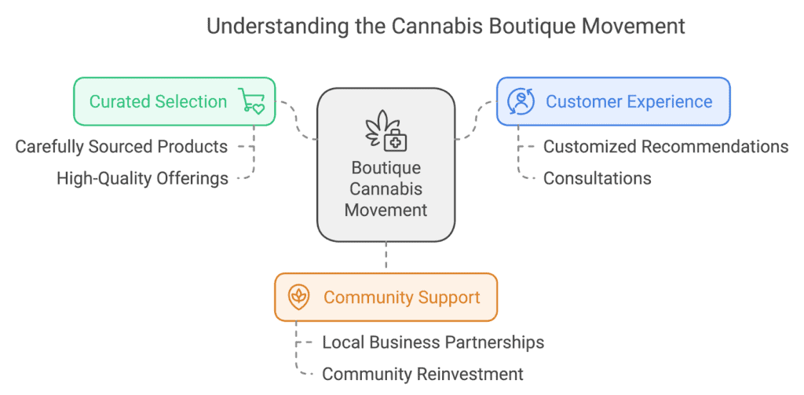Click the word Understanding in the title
(276, 27)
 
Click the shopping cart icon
(251, 101)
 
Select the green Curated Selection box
(174, 101)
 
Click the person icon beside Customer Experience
(521, 101)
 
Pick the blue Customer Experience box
(613, 101)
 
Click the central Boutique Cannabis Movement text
(386, 188)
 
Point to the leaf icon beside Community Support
(298, 297)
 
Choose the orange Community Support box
(386, 297)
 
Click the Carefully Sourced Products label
(122, 147)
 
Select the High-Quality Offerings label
(143, 178)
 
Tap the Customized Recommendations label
(666, 147)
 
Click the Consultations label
(598, 178)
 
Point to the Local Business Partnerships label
(433, 342)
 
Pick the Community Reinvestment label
(422, 374)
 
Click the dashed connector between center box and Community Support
(386, 258)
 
